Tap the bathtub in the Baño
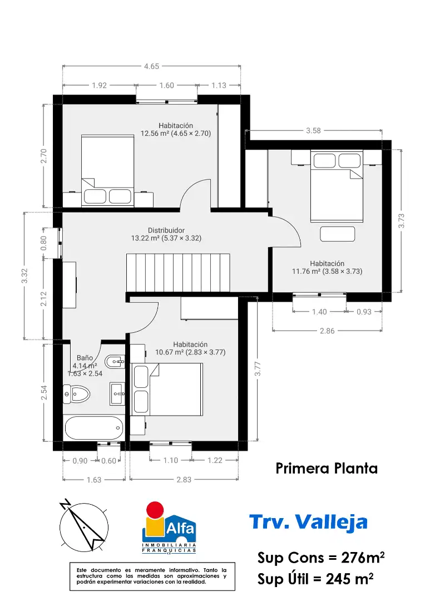94,428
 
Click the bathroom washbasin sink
117,393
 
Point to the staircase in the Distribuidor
178,273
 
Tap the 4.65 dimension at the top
151,66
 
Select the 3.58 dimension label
313,131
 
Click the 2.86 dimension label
327,331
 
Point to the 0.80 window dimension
43,243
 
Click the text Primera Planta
327,469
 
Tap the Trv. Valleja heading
309,522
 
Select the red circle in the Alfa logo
156,510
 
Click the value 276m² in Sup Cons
363,558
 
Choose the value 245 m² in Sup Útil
349,579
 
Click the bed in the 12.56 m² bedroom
108,171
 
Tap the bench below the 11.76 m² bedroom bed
338,234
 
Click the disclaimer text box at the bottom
152,576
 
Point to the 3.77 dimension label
258,369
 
